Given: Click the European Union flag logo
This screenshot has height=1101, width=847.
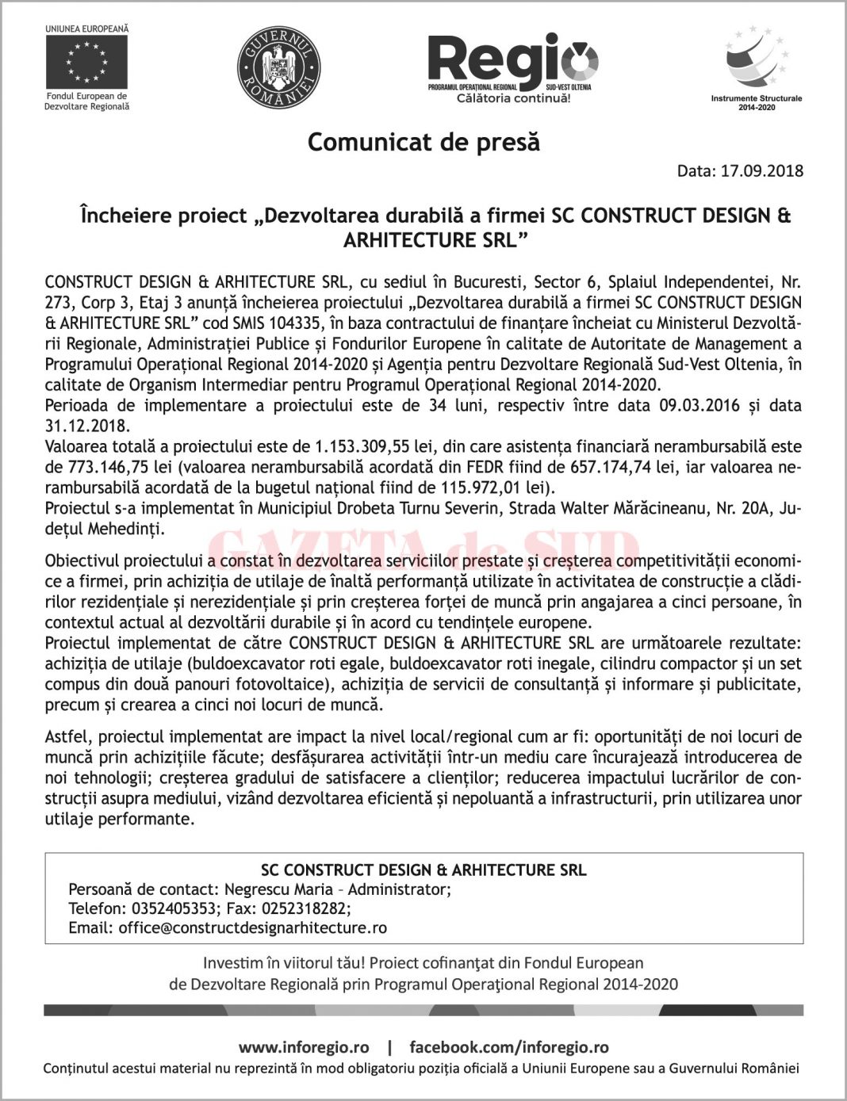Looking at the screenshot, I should pos(86,63).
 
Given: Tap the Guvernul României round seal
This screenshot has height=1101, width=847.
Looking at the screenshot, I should pos(278,67).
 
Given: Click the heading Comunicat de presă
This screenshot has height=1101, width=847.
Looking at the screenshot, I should pos(423,143).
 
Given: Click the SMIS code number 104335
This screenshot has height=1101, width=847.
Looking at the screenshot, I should pos(293,323).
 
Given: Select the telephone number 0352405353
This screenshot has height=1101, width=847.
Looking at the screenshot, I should pos(174,909).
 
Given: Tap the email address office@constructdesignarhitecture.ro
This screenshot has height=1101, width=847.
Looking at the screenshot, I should pos(253,928).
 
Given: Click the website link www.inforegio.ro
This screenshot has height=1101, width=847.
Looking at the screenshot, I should pos(304,1048).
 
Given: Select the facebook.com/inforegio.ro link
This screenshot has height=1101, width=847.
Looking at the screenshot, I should pos(509,1048).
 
